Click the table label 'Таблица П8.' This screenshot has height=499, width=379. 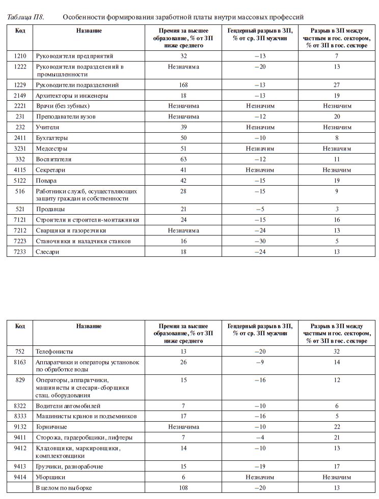[25, 17]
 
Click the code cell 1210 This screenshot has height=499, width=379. [20, 56]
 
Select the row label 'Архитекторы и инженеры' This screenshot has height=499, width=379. [71, 96]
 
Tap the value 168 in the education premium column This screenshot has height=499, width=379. [183, 85]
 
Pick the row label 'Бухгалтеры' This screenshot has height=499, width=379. [52, 138]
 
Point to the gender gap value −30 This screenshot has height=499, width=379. [260, 241]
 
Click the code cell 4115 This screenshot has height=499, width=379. [20, 170]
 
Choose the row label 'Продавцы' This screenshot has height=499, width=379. [50, 210]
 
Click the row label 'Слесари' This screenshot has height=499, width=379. [48, 252]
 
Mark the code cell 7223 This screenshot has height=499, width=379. [20, 241]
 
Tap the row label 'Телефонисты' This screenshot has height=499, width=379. [54, 351]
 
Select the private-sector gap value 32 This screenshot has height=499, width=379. [336, 351]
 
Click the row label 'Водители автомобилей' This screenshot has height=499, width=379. [68, 406]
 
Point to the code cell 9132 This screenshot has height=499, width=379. [20, 427]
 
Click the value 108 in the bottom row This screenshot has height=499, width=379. [183, 488]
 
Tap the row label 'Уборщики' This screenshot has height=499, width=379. [50, 478]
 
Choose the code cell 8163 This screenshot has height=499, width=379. [20, 362]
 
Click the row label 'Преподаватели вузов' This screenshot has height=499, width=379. [66, 116]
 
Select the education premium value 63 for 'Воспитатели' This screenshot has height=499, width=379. [183, 159]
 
